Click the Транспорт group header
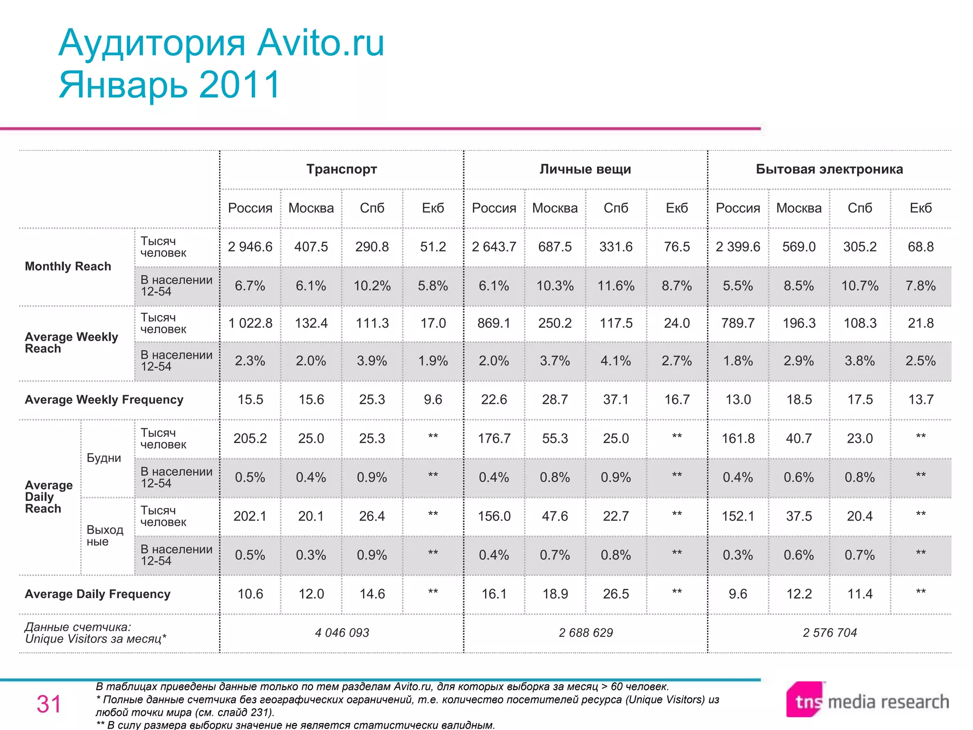click(342, 169)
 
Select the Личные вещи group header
click(585, 169)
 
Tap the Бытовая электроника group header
click(829, 169)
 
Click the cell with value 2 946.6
click(250, 247)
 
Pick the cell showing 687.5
click(555, 247)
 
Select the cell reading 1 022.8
click(250, 323)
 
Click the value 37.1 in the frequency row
click(616, 400)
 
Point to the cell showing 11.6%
click(616, 286)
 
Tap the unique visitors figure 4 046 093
click(342, 633)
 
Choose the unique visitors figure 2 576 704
click(830, 633)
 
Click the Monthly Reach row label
click(68, 266)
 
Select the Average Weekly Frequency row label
click(104, 400)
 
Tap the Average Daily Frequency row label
click(97, 594)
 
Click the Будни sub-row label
click(104, 458)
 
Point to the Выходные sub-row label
click(105, 536)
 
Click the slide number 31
click(49, 704)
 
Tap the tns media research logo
click(868, 701)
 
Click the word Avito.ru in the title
click(321, 43)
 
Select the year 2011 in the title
click(240, 85)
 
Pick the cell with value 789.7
click(738, 323)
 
